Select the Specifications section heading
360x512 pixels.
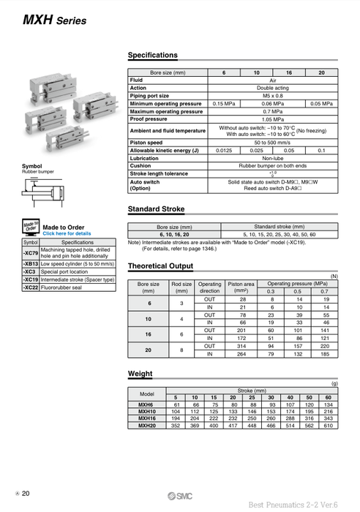[153, 55]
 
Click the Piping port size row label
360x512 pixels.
[149, 96]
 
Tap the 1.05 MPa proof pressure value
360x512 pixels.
[272, 119]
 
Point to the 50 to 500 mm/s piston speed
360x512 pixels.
[272, 143]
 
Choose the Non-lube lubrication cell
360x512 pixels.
[272, 158]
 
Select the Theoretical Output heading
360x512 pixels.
[161, 266]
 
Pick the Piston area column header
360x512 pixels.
[241, 287]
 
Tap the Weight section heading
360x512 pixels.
[140, 373]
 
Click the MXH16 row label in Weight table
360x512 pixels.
[146, 418]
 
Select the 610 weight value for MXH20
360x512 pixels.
[328, 424]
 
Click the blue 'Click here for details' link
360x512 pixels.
[67, 233]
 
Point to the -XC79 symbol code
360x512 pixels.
[30, 252]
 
